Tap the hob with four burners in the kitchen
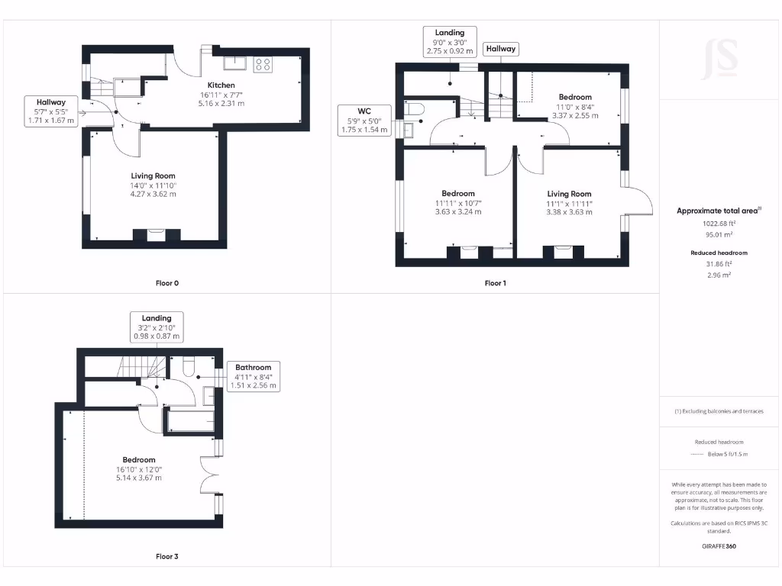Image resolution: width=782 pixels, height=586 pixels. pyautogui.click(x=263, y=64)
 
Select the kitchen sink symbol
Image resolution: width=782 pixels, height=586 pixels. pyautogui.click(x=234, y=63)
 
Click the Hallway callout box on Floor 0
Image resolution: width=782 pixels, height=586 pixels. pyautogui.click(x=51, y=111)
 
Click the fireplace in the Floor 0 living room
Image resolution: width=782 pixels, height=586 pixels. pyautogui.click(x=156, y=234)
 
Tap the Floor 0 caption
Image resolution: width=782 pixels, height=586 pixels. pyautogui.click(x=166, y=283)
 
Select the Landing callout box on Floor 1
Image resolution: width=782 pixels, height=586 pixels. pyautogui.click(x=450, y=41)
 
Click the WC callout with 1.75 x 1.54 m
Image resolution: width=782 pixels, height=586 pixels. pyautogui.click(x=364, y=121)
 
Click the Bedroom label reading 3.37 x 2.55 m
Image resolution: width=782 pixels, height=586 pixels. pyautogui.click(x=574, y=106)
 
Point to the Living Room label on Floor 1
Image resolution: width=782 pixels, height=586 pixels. pyautogui.click(x=569, y=203)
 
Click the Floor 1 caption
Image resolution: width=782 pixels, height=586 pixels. pyautogui.click(x=495, y=283)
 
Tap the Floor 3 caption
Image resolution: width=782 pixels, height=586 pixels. pyautogui.click(x=166, y=557)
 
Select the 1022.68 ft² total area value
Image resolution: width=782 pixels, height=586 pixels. pyautogui.click(x=719, y=224)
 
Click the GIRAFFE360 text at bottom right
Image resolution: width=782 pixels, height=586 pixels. pyautogui.click(x=719, y=546)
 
